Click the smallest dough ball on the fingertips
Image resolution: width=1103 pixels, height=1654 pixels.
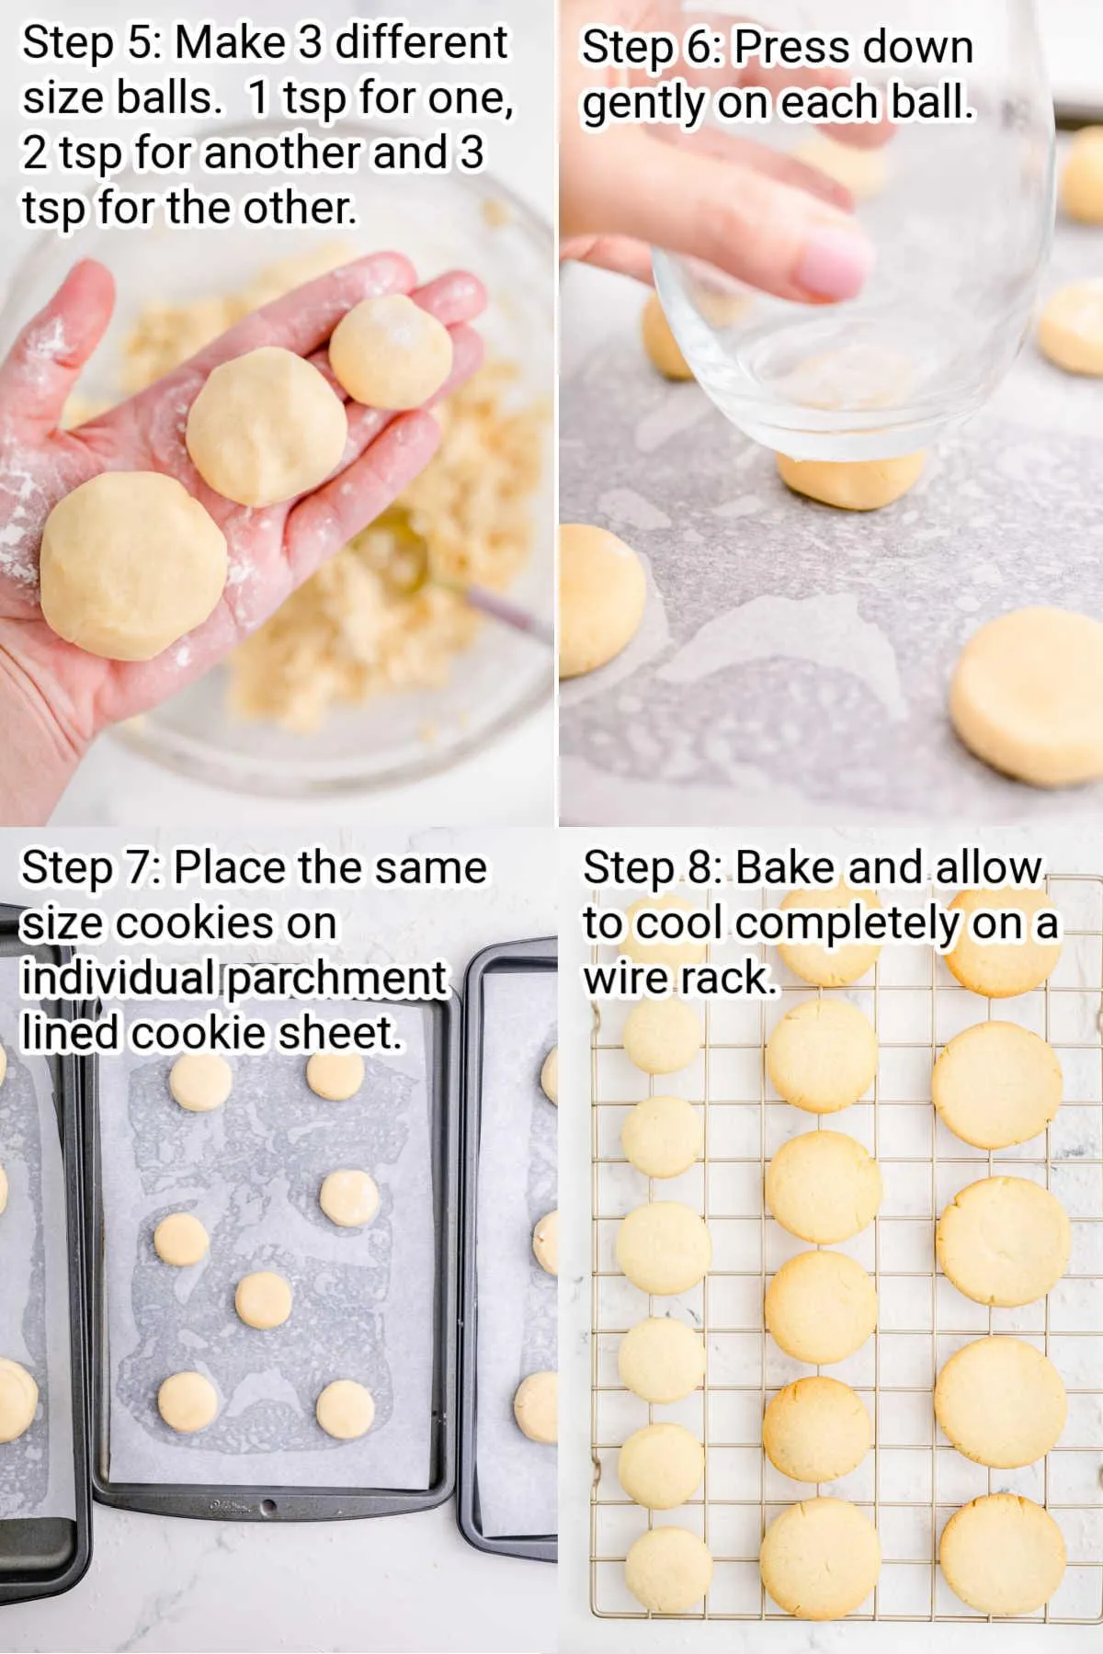tap(391, 353)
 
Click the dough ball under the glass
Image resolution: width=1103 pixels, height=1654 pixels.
tap(850, 480)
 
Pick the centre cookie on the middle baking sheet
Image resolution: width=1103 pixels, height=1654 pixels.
tap(264, 1300)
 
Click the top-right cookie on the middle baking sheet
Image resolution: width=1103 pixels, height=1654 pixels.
tap(335, 1075)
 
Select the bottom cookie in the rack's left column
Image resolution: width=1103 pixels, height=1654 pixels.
tap(668, 1568)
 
